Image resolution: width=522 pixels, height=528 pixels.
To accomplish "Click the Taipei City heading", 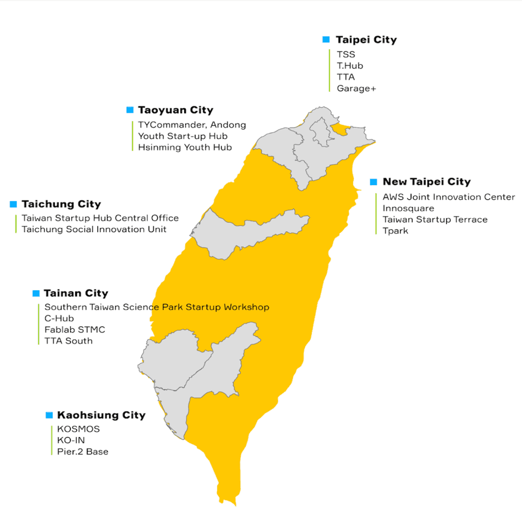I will coord(366,40).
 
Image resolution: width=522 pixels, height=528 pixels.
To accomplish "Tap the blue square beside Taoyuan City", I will coord(129,110).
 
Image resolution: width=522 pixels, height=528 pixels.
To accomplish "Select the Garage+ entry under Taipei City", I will coord(356,89).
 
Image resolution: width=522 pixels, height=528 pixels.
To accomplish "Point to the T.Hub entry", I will coord(350,65).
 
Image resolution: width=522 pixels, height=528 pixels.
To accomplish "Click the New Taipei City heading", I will coord(427,182).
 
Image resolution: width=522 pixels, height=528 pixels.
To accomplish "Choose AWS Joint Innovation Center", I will coord(449,197).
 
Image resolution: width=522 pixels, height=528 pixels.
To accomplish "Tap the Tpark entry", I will coord(395,231).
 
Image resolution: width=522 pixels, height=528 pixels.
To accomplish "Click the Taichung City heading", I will coord(61,204).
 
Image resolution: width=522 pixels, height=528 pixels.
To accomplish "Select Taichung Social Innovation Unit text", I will coord(94,230).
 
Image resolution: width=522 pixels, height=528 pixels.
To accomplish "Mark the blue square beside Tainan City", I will coord(36,294).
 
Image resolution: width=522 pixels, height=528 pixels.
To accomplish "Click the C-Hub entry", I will coord(59,318).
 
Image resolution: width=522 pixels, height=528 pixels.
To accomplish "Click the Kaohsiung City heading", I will coord(101,415).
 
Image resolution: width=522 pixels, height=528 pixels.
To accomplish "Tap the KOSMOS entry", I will coord(78,429).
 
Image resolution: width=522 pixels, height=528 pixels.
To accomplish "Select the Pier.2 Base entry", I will coord(83,452).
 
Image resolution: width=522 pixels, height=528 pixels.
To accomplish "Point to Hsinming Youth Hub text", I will coord(185,147).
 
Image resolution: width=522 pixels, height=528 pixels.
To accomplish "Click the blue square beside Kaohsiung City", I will coord(49,415).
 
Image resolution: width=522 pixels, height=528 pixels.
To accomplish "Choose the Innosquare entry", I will coord(408,208).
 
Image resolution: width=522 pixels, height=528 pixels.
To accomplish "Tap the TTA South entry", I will coord(68,341).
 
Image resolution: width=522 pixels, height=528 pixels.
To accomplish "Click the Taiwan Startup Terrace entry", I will coord(435,219).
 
